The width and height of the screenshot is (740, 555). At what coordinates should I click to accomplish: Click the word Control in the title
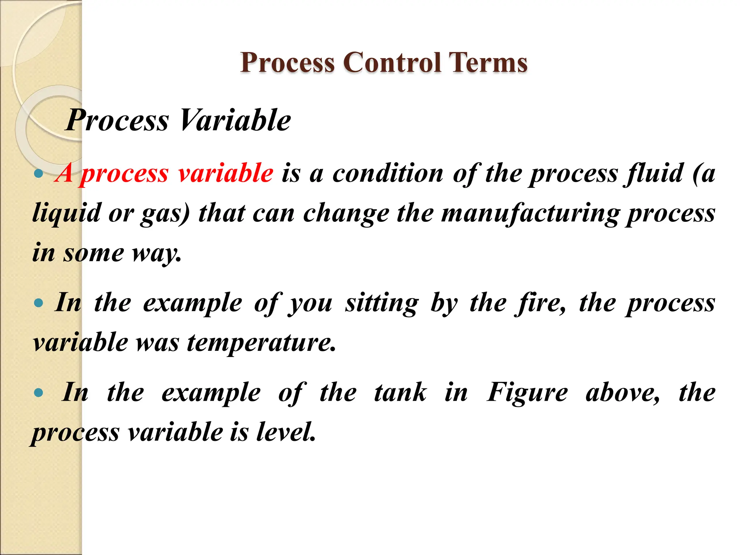pos(392,63)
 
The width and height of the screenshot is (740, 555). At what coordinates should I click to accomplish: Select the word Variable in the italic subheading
pos(235,120)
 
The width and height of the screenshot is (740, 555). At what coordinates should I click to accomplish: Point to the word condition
pos(388,173)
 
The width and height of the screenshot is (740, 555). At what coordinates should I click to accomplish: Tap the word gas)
pos(165,213)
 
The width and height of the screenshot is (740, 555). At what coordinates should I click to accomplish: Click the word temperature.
pos(262,342)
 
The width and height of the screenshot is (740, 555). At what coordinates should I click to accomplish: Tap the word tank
pos(400,392)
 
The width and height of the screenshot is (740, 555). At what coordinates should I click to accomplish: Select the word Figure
pos(527,392)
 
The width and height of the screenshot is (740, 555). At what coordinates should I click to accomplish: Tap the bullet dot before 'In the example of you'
pos(38,303)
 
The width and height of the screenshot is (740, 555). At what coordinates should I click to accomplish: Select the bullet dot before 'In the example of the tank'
pos(38,393)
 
